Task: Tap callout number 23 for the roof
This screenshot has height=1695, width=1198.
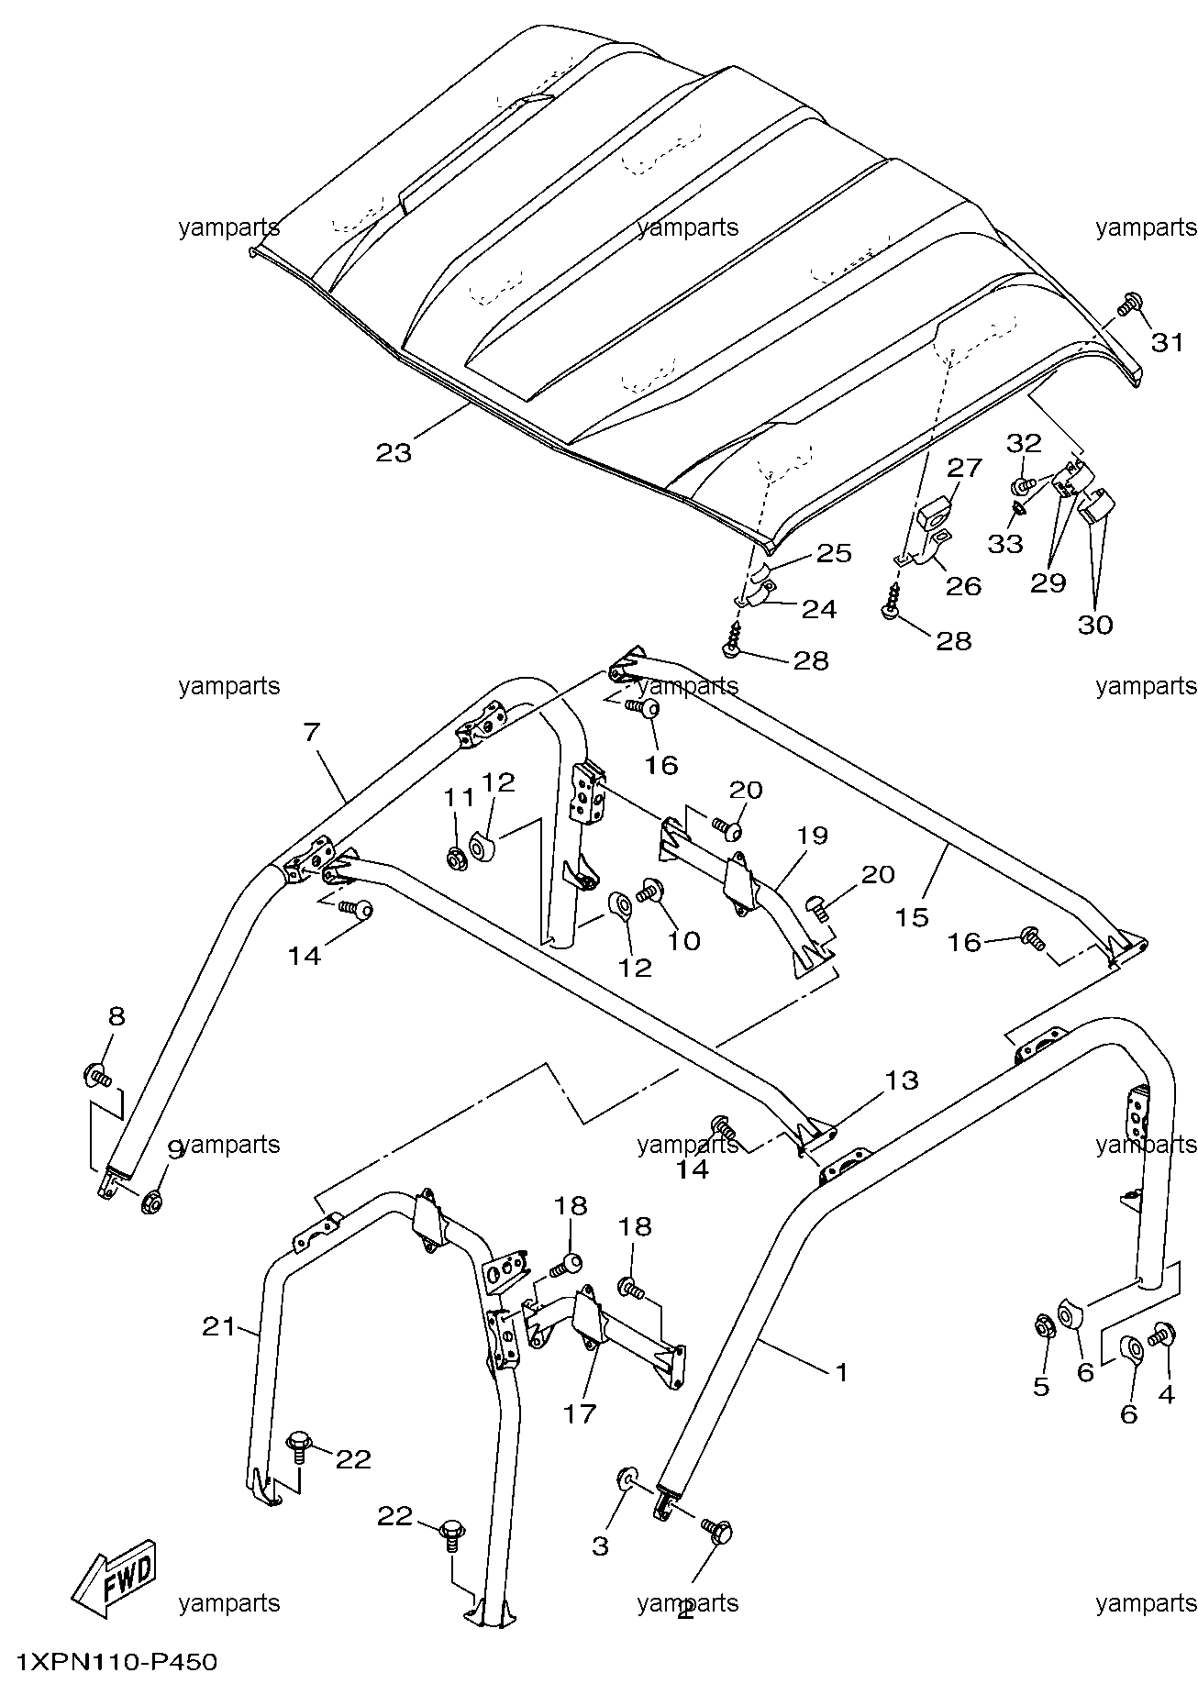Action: click(394, 451)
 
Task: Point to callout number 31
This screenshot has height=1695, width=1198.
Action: click(1167, 343)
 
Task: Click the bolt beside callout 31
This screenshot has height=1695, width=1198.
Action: click(1129, 304)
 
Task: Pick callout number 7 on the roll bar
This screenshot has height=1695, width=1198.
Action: click(312, 732)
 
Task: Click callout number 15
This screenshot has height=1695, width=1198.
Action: click(913, 915)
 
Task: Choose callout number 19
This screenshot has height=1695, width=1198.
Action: click(812, 836)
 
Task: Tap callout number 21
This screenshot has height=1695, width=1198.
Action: click(220, 1326)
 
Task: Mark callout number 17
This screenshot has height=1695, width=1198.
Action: click(580, 1413)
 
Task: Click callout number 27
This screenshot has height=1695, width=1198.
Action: click(965, 468)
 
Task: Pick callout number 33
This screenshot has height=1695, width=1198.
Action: click(1005, 543)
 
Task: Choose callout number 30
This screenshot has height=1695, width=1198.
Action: click(1095, 625)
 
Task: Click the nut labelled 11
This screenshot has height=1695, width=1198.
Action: click(454, 859)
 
